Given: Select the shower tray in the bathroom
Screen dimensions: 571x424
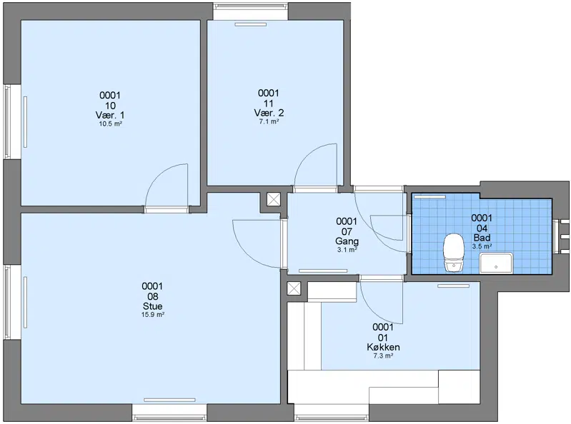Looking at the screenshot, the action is (x=496, y=263).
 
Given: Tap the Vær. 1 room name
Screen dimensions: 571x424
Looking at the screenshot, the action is (x=110, y=115).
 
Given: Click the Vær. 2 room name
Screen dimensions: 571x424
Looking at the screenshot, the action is (x=269, y=113).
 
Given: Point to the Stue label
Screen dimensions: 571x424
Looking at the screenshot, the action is (x=153, y=306).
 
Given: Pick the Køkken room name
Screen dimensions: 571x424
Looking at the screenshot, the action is (x=383, y=348).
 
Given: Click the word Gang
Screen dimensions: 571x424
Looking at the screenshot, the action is (x=347, y=241).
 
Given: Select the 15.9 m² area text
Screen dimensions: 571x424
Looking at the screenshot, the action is (x=153, y=315).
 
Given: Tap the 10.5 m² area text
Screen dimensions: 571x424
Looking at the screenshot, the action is (x=110, y=124).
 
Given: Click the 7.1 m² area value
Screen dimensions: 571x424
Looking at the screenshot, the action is (x=269, y=122).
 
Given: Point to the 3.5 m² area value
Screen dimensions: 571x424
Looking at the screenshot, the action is (x=482, y=246).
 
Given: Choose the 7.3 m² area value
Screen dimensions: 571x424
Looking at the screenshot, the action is (x=383, y=356).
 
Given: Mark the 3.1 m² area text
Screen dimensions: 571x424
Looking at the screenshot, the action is (x=347, y=250).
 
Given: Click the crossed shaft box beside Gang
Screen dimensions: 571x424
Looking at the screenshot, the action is (x=274, y=200).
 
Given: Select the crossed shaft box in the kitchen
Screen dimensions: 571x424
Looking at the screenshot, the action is (x=294, y=288).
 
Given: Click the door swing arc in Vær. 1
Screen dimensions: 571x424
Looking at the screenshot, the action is (x=157, y=175).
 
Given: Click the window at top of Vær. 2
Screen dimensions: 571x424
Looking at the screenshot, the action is (x=251, y=11).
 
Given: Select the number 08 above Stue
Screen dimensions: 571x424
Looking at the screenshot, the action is (x=153, y=296).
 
